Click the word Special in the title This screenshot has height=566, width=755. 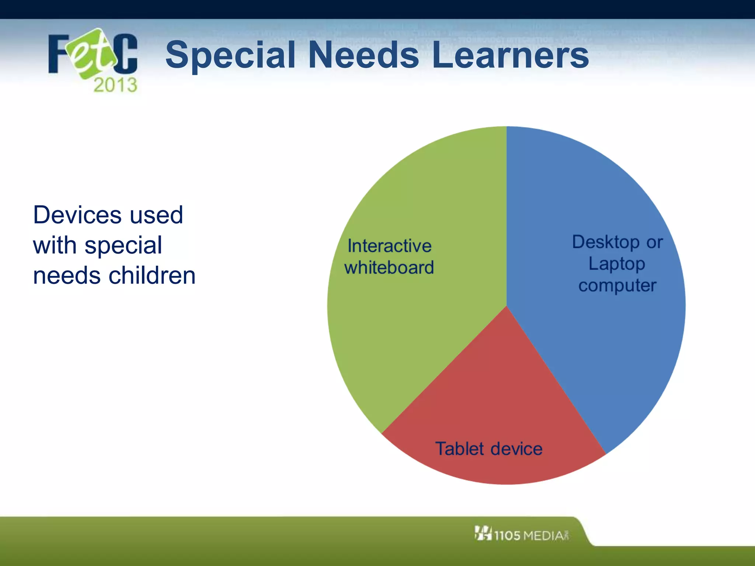coord(231,55)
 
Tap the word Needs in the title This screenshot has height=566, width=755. coord(363,55)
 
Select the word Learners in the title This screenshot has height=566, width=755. coord(511,55)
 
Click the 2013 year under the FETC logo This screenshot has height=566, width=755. coord(115,85)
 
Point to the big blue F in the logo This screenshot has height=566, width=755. coord(59,54)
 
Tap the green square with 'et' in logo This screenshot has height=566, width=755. coord(91,54)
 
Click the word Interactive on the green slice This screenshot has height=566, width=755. coord(389,246)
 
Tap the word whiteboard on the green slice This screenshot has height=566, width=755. coord(389,267)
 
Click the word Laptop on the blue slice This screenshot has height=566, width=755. coord(617,264)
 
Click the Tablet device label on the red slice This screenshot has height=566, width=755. coord(489,449)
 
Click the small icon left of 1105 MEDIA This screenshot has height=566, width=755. coord(483,533)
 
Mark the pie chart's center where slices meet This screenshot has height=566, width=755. coord(507,306)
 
